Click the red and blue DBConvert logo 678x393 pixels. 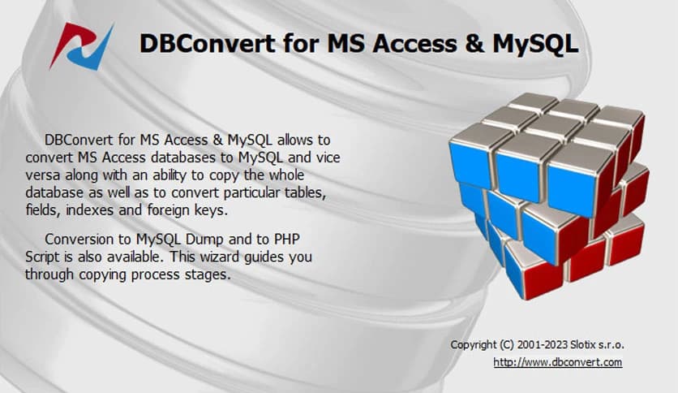81,45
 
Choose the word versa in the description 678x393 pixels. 42,175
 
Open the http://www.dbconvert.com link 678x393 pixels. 558,362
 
